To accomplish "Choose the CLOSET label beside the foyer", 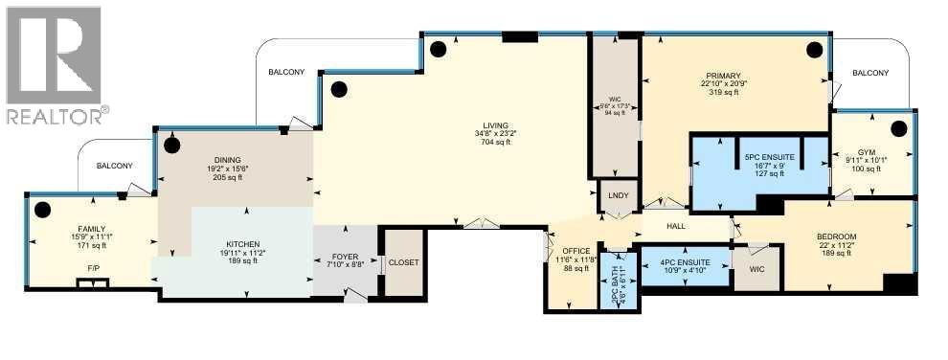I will click(x=404, y=262).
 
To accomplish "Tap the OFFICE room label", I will click(x=576, y=251).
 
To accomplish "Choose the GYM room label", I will click(x=866, y=151).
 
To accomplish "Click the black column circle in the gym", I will click(x=898, y=128).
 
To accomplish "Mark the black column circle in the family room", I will click(x=42, y=210).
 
